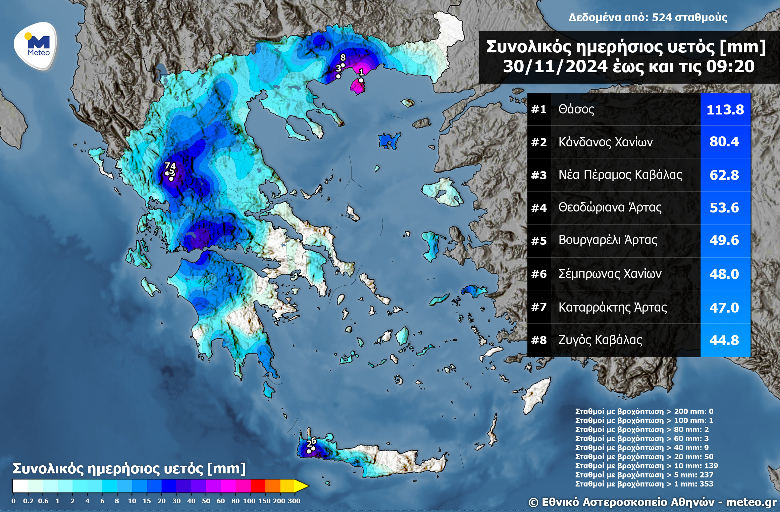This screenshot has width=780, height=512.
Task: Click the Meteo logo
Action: pyautogui.click(x=36, y=46)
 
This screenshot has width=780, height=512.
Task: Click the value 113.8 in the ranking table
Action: pyautogui.click(x=725, y=110)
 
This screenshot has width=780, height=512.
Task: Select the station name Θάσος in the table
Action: pyautogui.click(x=576, y=109)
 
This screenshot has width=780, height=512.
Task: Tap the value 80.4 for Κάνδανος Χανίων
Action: pyautogui.click(x=724, y=142)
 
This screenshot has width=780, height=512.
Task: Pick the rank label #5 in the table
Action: pyautogui.click(x=539, y=241)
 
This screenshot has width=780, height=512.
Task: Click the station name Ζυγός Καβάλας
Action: pyautogui.click(x=600, y=340)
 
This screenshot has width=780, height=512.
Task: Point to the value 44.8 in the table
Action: pyautogui.click(x=724, y=340)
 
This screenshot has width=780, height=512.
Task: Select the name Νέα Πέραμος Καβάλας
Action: pyautogui.click(x=620, y=175)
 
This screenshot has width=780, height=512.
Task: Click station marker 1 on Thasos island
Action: pyautogui.click(x=361, y=80)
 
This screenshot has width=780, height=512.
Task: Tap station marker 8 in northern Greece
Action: pyautogui.click(x=343, y=65)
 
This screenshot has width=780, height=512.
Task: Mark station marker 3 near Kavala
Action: pyautogui.click(x=338, y=76)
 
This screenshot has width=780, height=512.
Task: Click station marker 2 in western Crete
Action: pyautogui.click(x=309, y=451)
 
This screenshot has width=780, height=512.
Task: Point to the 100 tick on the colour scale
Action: pyautogui.click(x=249, y=501)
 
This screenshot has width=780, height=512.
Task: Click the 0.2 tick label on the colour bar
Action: pyautogui.click(x=28, y=501)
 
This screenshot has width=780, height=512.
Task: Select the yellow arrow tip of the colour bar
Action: pyautogui.click(x=302, y=486)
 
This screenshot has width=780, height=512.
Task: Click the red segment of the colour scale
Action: pyautogui.click(x=258, y=486)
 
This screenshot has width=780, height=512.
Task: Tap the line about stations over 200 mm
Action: pyautogui.click(x=644, y=411)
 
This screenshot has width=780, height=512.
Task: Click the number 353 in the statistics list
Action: pyautogui.click(x=706, y=484)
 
